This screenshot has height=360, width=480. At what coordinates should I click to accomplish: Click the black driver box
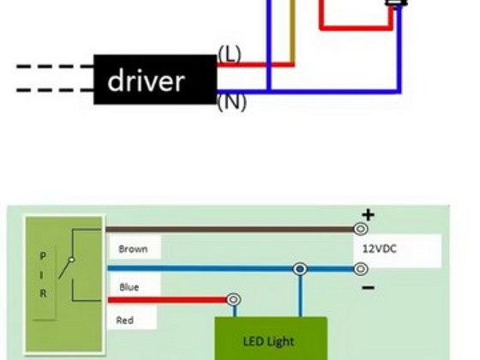tap(155, 80)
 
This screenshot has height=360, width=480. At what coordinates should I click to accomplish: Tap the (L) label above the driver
tap(230, 54)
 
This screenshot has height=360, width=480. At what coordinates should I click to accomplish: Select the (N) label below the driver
tap(231, 102)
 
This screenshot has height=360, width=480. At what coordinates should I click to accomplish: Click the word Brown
tap(133, 249)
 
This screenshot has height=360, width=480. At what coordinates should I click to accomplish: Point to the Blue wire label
tap(129, 287)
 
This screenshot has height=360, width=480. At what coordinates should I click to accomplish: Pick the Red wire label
tap(125, 321)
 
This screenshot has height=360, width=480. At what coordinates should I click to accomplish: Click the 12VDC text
tap(380, 249)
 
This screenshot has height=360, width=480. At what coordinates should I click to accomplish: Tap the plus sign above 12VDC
tap(368, 215)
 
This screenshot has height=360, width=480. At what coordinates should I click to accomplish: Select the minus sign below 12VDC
tap(368, 287)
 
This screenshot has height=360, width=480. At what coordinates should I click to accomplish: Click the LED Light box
tap(271, 339)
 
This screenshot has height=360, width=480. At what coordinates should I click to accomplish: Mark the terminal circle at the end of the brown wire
tap(361, 229)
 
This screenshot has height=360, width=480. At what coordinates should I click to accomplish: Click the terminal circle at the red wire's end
tap(233, 299)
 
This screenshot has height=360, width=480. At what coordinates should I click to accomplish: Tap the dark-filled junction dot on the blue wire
tap(300, 269)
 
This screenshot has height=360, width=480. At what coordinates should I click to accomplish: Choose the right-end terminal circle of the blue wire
tap(361, 269)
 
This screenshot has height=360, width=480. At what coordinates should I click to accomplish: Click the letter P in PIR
tap(43, 256)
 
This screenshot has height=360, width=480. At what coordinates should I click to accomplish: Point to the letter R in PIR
tap(43, 293)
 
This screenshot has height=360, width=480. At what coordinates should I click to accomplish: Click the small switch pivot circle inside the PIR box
tap(71, 260)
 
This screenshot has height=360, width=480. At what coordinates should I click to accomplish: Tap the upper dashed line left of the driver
tap(55, 66)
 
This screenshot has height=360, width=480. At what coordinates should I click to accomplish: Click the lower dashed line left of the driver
tap(55, 90)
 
